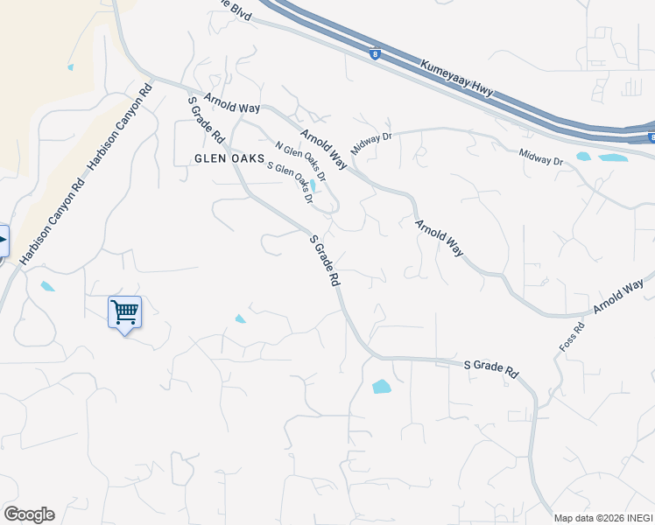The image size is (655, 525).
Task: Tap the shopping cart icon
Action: pyautogui.click(x=124, y=312)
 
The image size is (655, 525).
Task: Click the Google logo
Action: pyautogui.click(x=29, y=514)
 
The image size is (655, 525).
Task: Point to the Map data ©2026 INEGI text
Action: pyautogui.click(x=603, y=517)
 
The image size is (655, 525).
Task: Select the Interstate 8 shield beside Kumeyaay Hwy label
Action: pyautogui.click(x=375, y=54)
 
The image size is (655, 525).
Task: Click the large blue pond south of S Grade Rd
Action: pyautogui.click(x=382, y=386)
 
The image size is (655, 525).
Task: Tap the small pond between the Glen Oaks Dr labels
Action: pyautogui.click(x=313, y=185)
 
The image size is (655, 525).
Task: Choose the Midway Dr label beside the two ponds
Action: pyautogui.click(x=540, y=159)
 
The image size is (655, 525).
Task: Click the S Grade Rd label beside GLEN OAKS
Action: pyautogui.click(x=207, y=120)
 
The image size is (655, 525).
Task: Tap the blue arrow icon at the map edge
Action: pyautogui.click(x=3, y=241)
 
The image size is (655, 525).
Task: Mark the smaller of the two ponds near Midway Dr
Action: pyautogui.click(x=583, y=157)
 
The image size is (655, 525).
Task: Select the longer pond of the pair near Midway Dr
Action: pyautogui.click(x=614, y=158)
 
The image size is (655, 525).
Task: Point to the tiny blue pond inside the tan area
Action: pyautogui.click(x=70, y=67)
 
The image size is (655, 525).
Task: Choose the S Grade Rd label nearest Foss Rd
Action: pyautogui.click(x=490, y=367)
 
